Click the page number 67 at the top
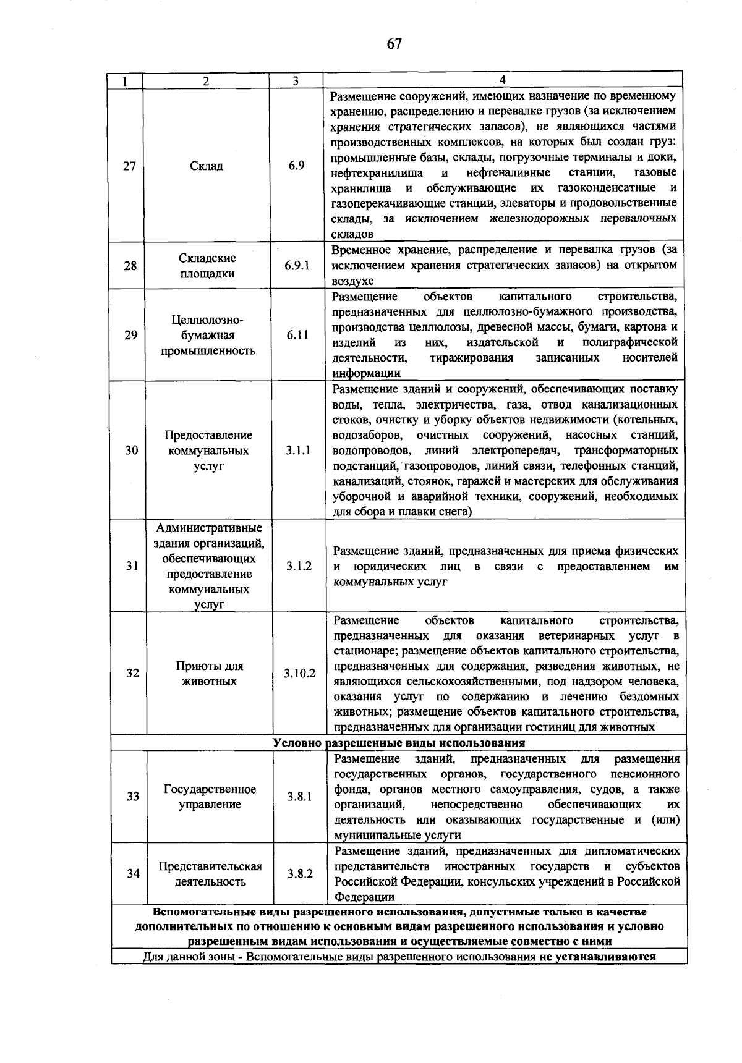pos(394,43)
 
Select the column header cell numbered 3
pos(296,81)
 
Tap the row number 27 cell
pos(129,166)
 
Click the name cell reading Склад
pos(207,166)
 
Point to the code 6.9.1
pos(297,266)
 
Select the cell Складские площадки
pos(207,266)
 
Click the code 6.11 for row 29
pos(297,335)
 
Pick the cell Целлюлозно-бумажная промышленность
pos(208,335)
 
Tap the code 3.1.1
pos(298,451)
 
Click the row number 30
pos(131,451)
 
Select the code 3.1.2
pos(299,566)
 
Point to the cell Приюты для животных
pos(209,674)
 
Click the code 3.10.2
pos(299,674)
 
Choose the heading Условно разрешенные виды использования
pos(399,743)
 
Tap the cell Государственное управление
pos(210,797)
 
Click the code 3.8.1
pos(299,797)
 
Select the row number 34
pos(133,874)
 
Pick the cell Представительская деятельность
pos(210,874)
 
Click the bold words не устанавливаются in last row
pos(595,974)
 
